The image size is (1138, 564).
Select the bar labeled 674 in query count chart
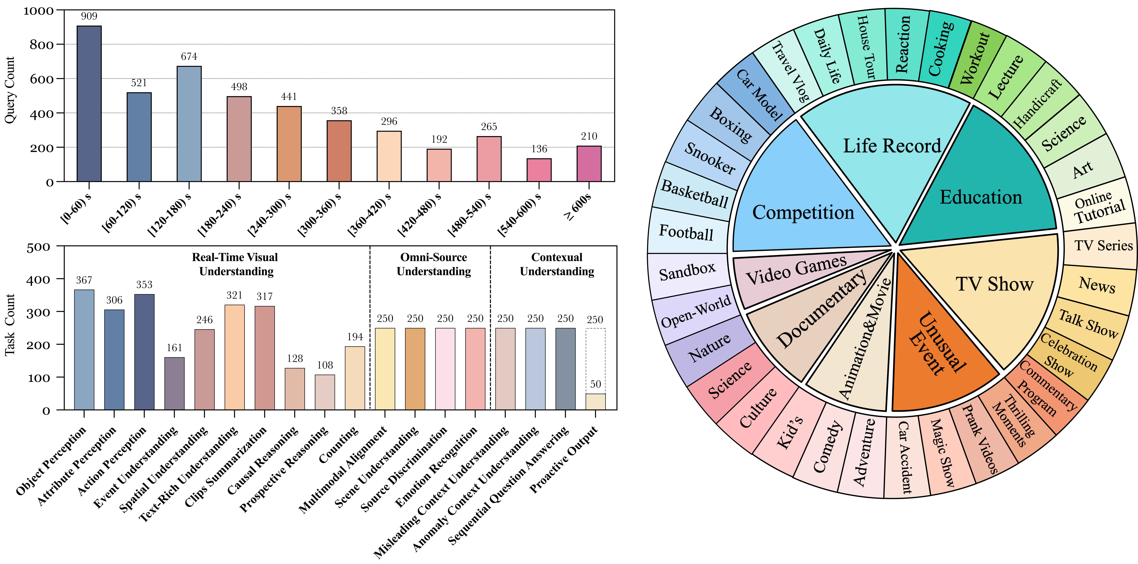click(189, 124)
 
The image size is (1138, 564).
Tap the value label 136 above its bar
click(539, 149)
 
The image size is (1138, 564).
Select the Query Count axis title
click(10, 90)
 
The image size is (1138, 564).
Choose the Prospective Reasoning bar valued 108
click(325, 392)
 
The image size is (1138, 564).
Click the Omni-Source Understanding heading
click(433, 264)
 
